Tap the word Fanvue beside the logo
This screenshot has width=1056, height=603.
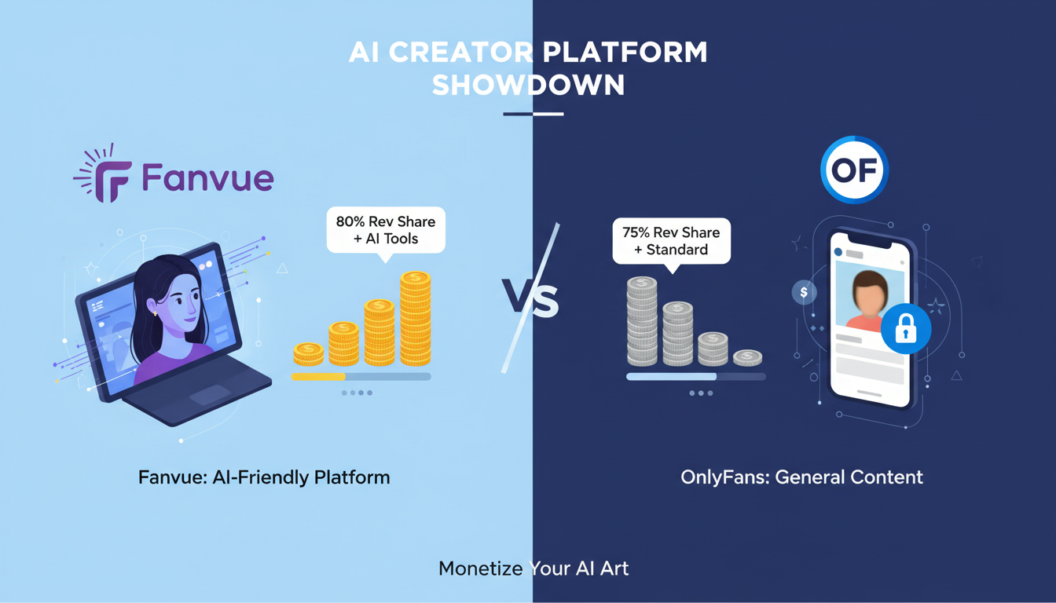coord(207,177)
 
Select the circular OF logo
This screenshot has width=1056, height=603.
coord(854,170)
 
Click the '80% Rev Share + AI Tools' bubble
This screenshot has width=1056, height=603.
coord(385,229)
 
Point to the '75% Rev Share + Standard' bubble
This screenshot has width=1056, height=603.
coord(671,241)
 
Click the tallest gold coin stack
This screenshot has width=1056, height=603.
coord(415,318)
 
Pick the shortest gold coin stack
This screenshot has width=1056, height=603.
coord(308,354)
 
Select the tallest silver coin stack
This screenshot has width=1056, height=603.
coord(642,321)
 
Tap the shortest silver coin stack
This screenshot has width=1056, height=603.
coord(747,358)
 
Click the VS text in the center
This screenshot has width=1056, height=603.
coord(530,301)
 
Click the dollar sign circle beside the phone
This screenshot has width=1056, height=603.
coord(804,293)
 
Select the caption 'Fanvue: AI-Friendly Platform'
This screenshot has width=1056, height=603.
coord(264,477)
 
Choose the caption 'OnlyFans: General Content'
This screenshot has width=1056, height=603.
coord(801,477)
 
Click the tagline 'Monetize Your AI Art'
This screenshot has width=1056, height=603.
coord(533,568)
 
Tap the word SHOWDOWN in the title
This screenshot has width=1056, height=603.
coord(528,86)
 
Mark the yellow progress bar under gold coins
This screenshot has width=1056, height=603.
coord(318,377)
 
